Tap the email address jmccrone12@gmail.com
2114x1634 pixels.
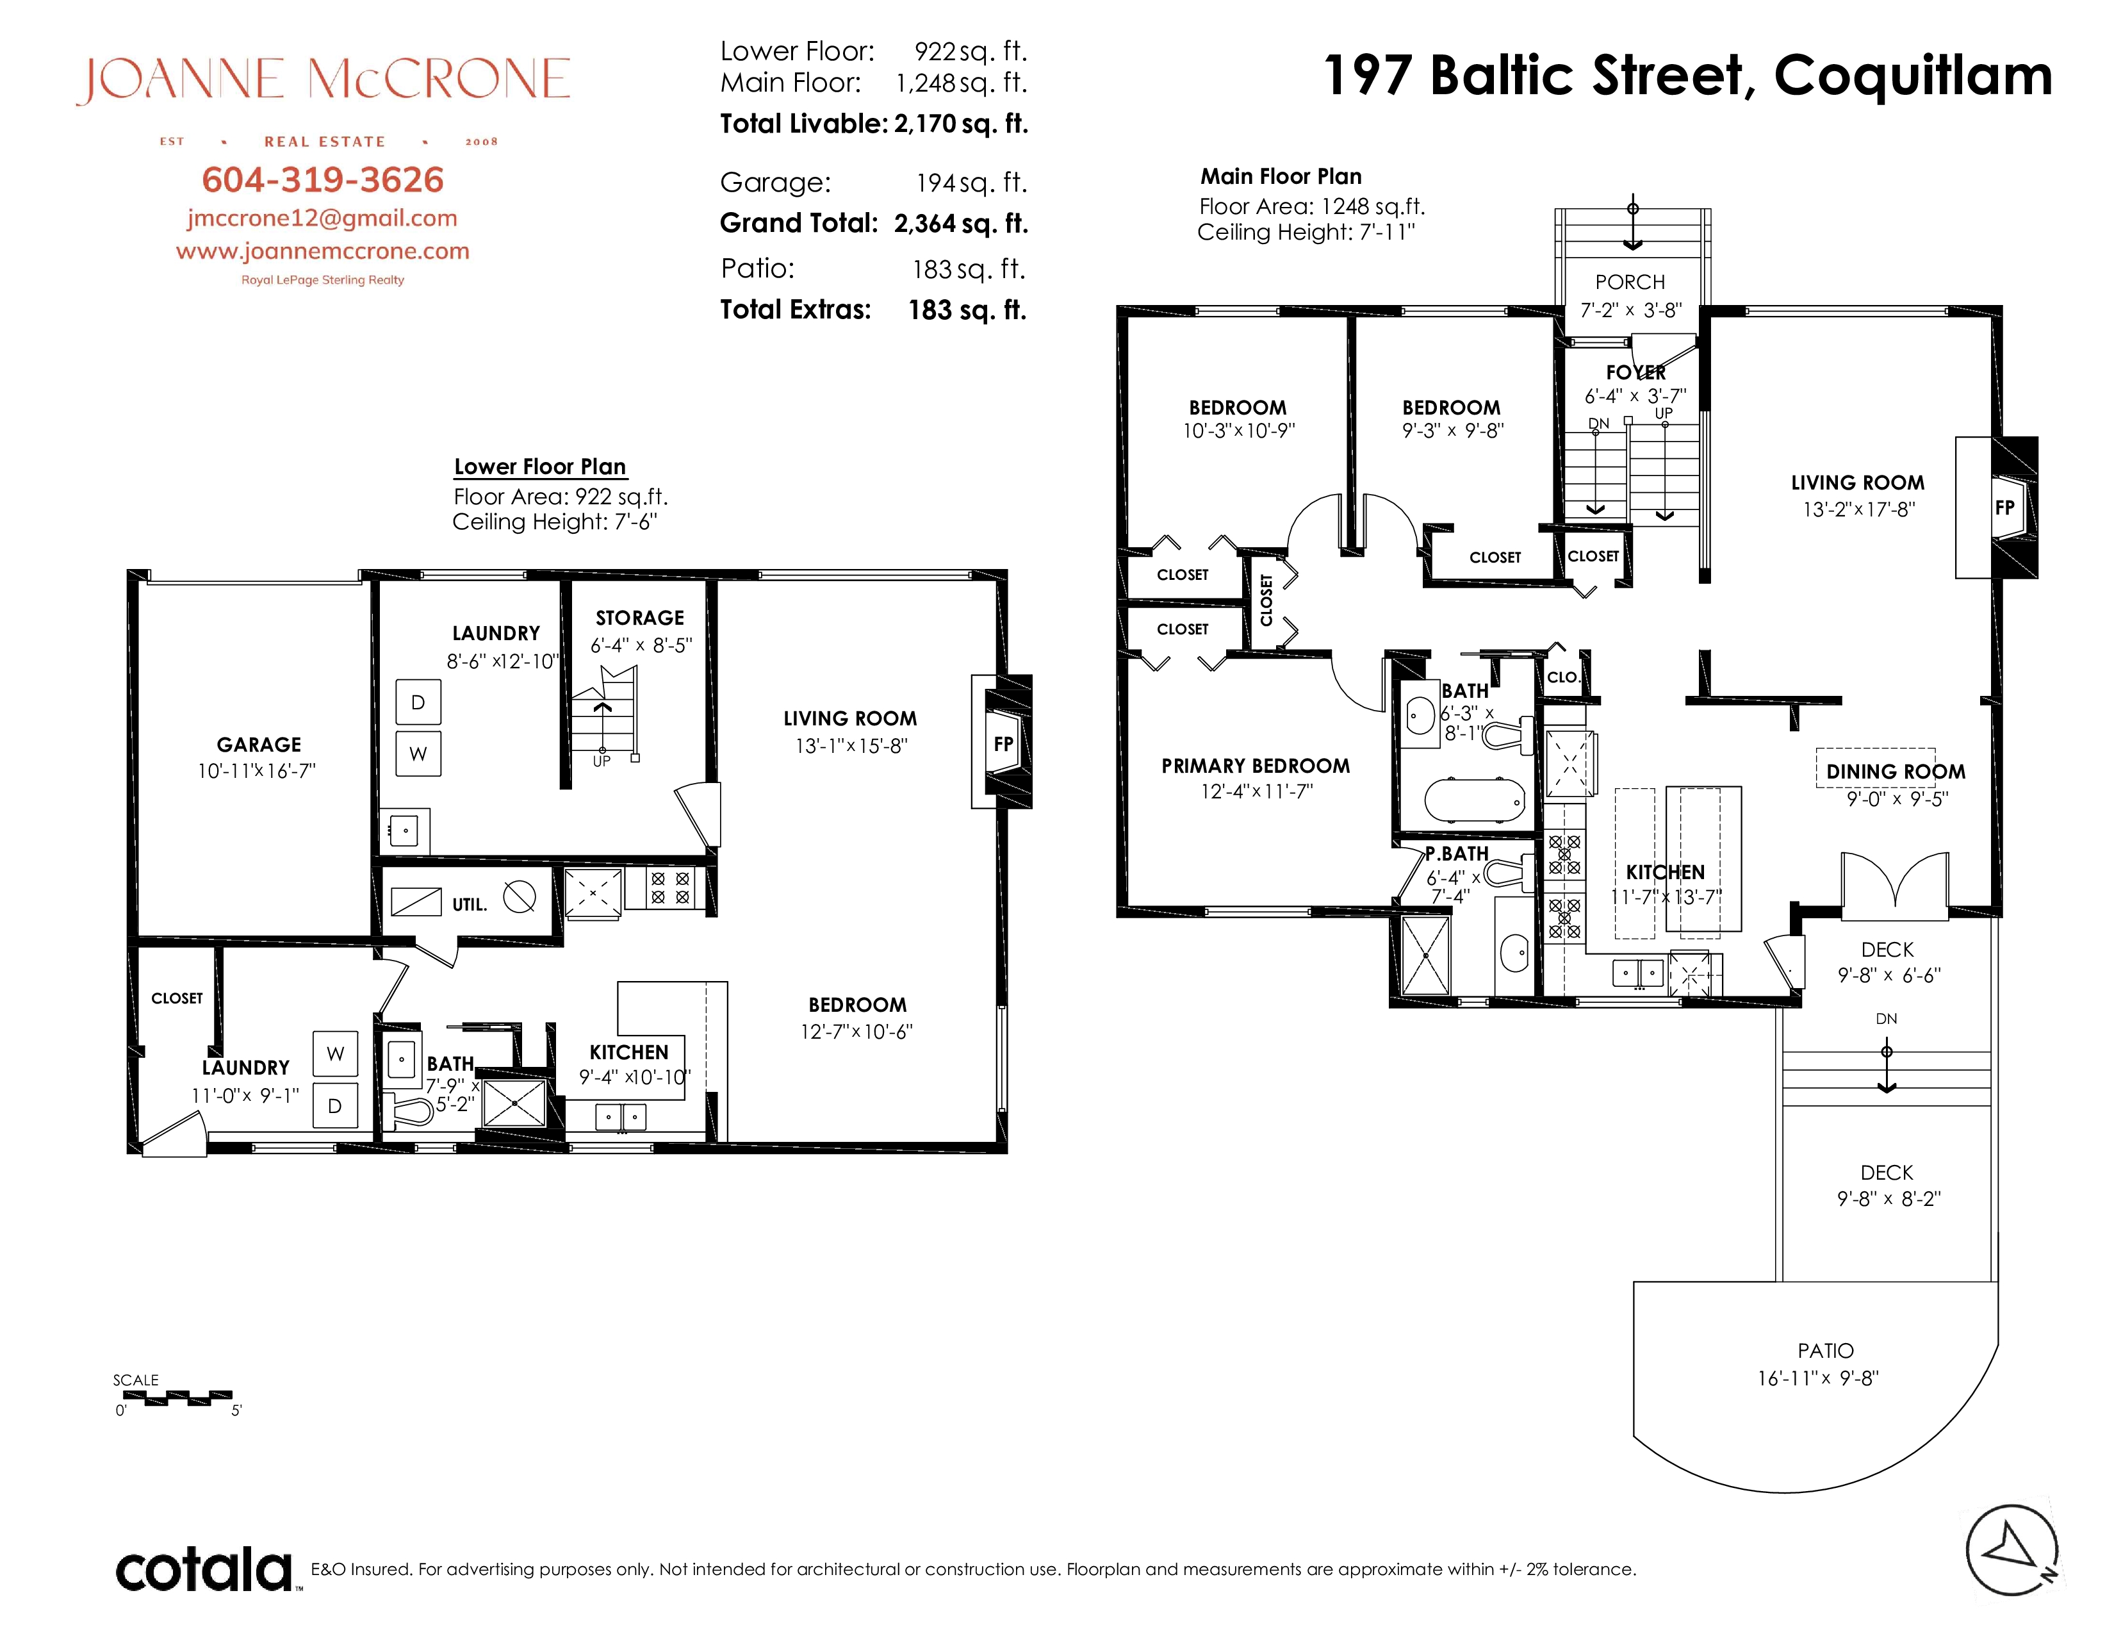point(322,219)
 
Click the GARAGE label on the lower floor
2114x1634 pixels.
point(258,745)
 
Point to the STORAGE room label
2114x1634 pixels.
point(640,618)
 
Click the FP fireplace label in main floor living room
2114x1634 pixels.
point(2004,508)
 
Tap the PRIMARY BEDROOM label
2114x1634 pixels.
point(1256,766)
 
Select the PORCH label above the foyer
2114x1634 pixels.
point(1630,282)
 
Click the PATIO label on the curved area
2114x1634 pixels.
point(1826,1350)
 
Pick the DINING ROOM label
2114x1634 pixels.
point(1896,772)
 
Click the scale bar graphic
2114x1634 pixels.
point(178,1398)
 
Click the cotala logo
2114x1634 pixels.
point(203,1569)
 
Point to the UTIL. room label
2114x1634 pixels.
point(470,904)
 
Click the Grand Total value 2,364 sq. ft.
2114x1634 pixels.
point(960,224)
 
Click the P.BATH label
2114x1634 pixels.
point(1457,854)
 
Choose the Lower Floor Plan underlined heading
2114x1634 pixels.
point(540,466)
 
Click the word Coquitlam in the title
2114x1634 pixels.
point(1913,76)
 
